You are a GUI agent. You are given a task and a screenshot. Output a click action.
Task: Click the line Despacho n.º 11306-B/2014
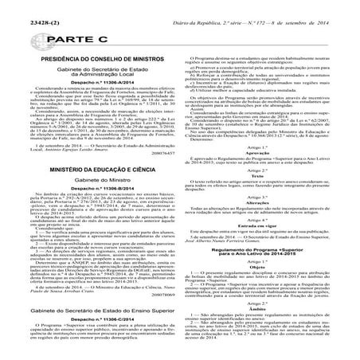pyautogui.click(x=89, y=213)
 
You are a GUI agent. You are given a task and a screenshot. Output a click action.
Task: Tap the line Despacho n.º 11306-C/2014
pyautogui.click(x=89, y=317)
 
